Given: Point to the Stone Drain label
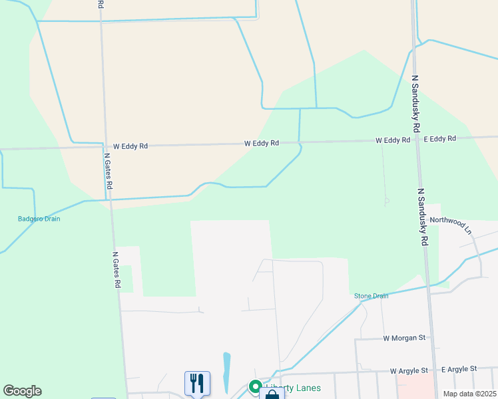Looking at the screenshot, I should pos(371,296).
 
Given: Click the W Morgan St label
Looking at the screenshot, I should pos(404,338).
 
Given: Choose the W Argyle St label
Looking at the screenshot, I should pos(411,370).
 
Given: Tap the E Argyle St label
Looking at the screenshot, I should pos(459,368).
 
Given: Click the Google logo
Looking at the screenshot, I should pos(22,391).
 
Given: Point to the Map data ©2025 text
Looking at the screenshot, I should pos(469,394).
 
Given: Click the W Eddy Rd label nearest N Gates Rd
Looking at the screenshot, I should pos(130,146).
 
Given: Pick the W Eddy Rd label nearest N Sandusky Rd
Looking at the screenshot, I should pos(392,140).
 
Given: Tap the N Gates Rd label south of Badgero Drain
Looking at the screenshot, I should pos(116,269).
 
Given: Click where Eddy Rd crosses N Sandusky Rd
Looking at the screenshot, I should pos(417,140).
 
